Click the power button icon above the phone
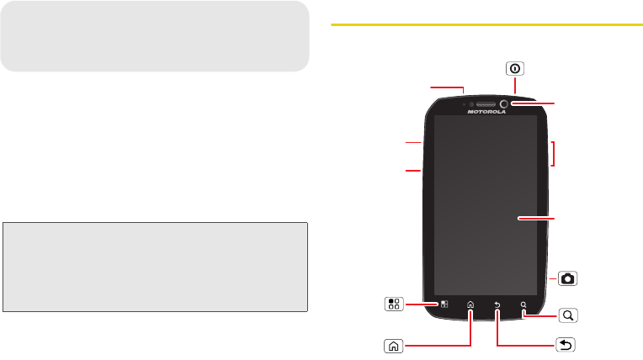514,70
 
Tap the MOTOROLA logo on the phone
486,111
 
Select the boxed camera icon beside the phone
569,278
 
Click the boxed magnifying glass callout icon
569,316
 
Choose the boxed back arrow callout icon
567,343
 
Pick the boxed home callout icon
392,343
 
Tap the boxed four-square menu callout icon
394,304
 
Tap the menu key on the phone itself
444,304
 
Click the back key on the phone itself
497,305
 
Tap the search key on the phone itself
523,305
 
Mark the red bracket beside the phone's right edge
553,154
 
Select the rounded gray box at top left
155,35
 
